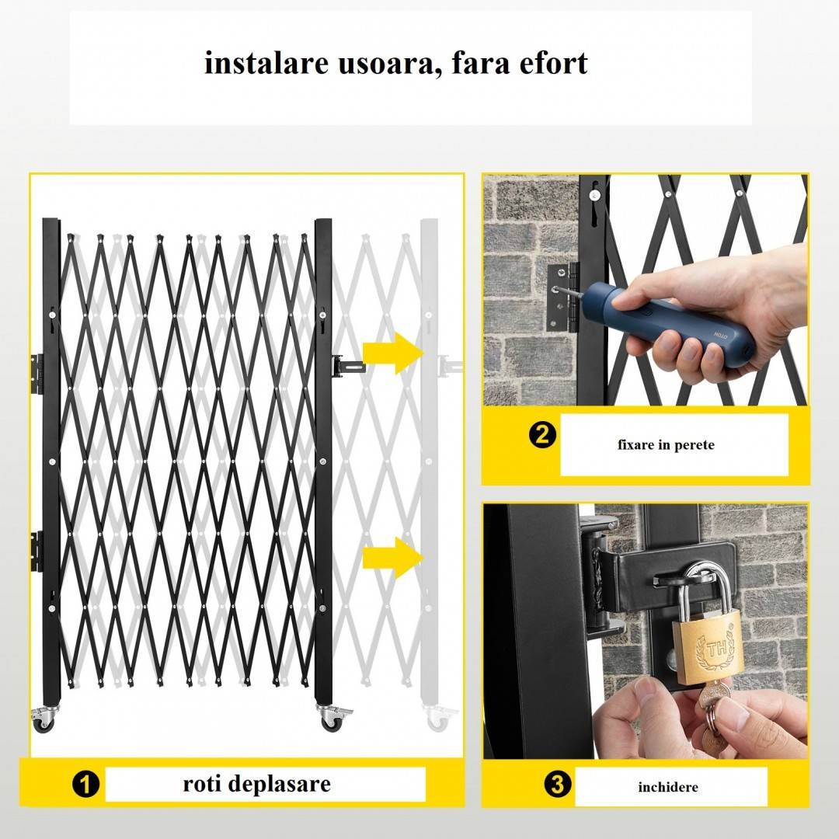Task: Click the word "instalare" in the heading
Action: (266, 63)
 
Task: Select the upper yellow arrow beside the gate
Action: (393, 353)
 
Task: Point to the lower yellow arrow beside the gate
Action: (393, 558)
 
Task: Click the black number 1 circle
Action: (85, 785)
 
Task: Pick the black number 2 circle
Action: (542, 435)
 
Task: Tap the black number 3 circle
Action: (558, 785)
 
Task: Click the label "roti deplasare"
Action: (257, 784)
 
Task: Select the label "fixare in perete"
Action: (666, 444)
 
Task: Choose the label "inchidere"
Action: (668, 787)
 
